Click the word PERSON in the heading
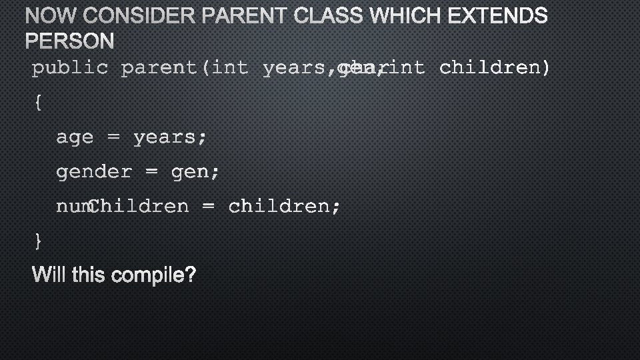70,42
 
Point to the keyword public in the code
70,68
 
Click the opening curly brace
37,103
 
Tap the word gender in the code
94,173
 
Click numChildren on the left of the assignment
123,207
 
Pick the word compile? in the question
154,275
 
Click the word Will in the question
50,274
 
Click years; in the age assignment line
170,138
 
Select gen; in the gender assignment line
195,173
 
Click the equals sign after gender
151,173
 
